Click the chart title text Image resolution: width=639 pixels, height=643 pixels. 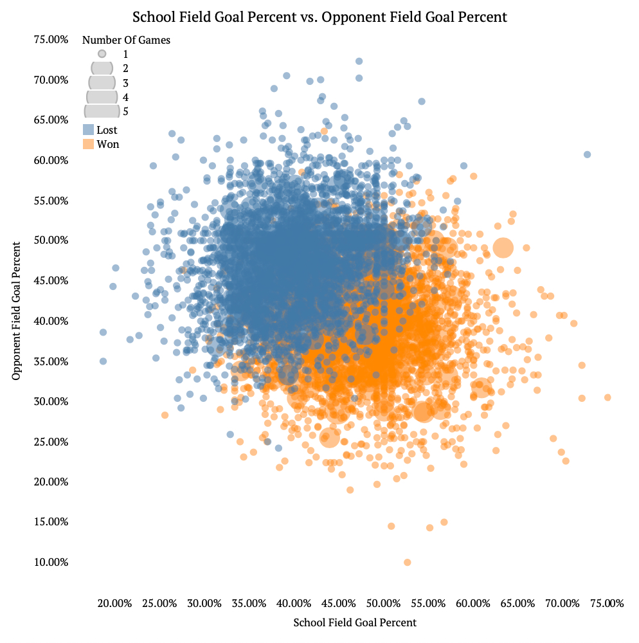[319, 17]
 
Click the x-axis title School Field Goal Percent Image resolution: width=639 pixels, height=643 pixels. [355, 622]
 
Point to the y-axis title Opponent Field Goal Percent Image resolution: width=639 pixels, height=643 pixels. [17, 310]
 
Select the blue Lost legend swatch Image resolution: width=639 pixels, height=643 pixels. [89, 130]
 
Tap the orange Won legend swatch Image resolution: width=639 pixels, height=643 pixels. [89, 144]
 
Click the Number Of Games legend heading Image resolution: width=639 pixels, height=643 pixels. [126, 40]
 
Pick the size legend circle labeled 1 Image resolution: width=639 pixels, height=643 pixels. [102, 54]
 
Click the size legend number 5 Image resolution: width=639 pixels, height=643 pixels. [126, 111]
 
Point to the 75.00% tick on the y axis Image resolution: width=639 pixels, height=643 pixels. [51, 40]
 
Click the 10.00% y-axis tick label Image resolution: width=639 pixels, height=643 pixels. [51, 563]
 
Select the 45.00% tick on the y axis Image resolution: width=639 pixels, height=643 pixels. [51, 281]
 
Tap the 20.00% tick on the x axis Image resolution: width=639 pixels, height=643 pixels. [114, 604]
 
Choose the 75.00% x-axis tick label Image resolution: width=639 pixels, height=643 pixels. [607, 604]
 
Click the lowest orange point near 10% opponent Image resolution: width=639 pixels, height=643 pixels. [407, 563]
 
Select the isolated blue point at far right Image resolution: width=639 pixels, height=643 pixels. [587, 154]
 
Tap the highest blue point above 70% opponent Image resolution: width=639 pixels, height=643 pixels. [359, 61]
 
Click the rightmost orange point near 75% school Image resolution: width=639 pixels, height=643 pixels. [607, 397]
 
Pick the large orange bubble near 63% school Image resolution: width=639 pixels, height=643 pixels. [503, 248]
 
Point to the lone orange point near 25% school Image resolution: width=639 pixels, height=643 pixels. [165, 415]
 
